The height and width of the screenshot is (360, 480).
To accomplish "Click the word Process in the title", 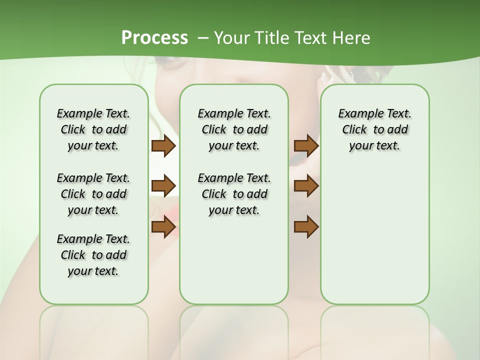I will point(154,38).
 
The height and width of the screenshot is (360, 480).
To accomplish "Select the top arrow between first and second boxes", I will point(163,146).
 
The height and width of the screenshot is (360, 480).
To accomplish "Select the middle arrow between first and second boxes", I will point(163,186).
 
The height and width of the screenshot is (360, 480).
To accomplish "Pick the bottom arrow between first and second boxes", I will point(163,226).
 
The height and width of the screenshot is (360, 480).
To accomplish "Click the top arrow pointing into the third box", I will point(306,146).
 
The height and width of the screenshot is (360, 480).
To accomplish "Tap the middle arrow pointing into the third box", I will point(306,186).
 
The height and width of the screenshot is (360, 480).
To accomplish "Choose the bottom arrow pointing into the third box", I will point(306,226).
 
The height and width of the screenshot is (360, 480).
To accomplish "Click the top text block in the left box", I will point(93,129).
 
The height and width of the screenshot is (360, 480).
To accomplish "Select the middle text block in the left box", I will point(93,194).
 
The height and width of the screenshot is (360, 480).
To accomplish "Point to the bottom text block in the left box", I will point(93,255).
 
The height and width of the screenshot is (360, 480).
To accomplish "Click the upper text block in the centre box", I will point(234,129).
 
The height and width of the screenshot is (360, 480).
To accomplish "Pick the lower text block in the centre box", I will point(234,194).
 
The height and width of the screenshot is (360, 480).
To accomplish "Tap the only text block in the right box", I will point(374,129).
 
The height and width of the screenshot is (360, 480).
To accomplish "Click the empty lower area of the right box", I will point(374,235).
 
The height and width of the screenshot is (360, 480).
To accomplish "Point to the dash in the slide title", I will point(203,38).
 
